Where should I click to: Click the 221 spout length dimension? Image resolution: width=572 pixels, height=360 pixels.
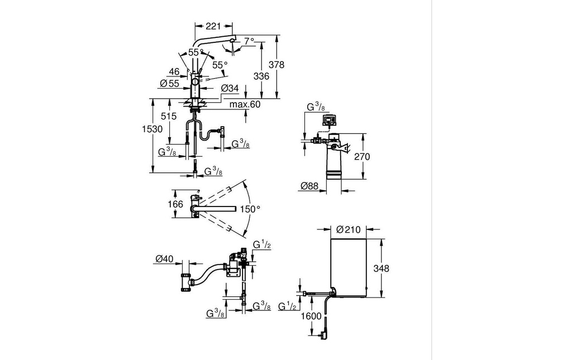(x=213, y=26)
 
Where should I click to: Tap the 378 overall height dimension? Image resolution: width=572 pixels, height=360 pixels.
(x=276, y=65)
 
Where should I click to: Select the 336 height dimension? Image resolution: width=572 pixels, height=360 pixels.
(x=261, y=76)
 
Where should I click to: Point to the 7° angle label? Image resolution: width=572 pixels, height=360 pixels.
(x=249, y=41)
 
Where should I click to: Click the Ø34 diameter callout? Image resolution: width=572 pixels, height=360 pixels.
(x=230, y=88)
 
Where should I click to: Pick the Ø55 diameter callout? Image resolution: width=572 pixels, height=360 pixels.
(x=170, y=83)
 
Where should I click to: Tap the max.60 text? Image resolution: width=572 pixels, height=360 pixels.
(x=245, y=104)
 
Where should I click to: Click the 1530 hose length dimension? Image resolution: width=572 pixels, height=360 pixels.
(x=152, y=128)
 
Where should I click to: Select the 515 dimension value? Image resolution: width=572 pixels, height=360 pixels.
(x=169, y=116)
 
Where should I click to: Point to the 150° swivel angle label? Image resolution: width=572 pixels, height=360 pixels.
(x=250, y=209)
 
